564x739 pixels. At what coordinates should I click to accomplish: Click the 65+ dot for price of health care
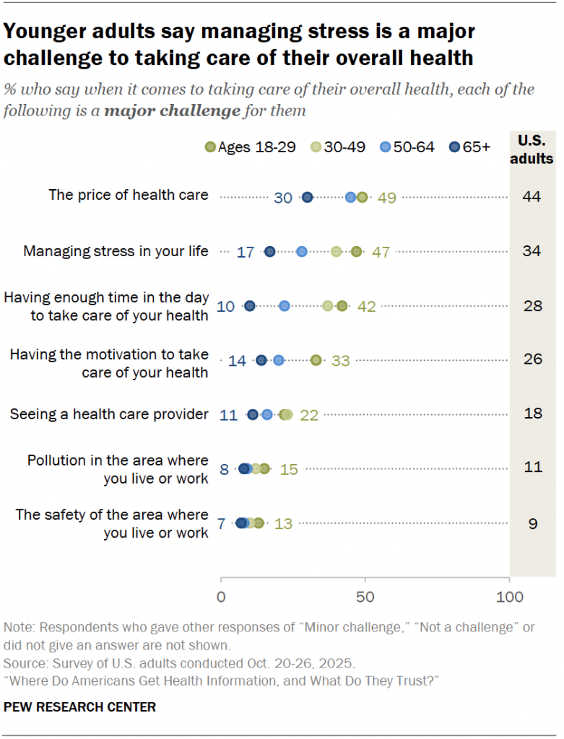307,197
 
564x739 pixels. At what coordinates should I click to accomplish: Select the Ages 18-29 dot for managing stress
356,251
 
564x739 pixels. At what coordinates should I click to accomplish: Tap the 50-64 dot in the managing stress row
302,251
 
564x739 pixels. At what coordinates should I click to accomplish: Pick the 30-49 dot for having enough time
328,306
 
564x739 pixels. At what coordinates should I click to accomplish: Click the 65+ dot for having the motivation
261,360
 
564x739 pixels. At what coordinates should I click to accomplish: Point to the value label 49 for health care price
387,197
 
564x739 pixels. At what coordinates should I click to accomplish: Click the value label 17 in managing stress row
246,252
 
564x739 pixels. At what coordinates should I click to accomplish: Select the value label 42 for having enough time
367,306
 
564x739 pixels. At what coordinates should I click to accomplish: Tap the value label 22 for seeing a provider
309,414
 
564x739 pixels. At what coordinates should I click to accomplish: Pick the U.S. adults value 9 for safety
532,523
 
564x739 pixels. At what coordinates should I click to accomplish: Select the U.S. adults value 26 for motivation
532,358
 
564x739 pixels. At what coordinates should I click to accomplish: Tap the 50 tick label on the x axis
365,597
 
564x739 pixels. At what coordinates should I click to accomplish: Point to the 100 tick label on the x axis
510,597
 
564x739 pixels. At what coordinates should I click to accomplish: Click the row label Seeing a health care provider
109,414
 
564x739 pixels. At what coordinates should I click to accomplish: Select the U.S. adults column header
532,149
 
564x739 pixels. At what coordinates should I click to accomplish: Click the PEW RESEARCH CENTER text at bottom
79,707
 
